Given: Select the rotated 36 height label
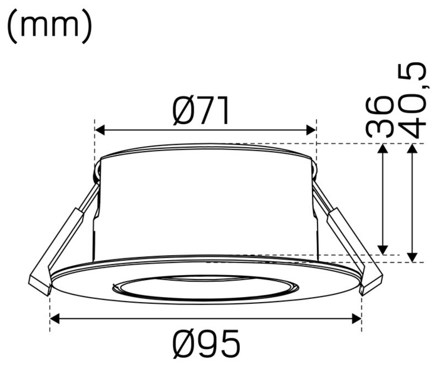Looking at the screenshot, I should pos(380,117).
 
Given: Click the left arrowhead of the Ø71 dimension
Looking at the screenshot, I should pos(99,130).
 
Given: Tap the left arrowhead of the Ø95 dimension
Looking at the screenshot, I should pos(54,318).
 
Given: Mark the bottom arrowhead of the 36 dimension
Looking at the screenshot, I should pos(384,250).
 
